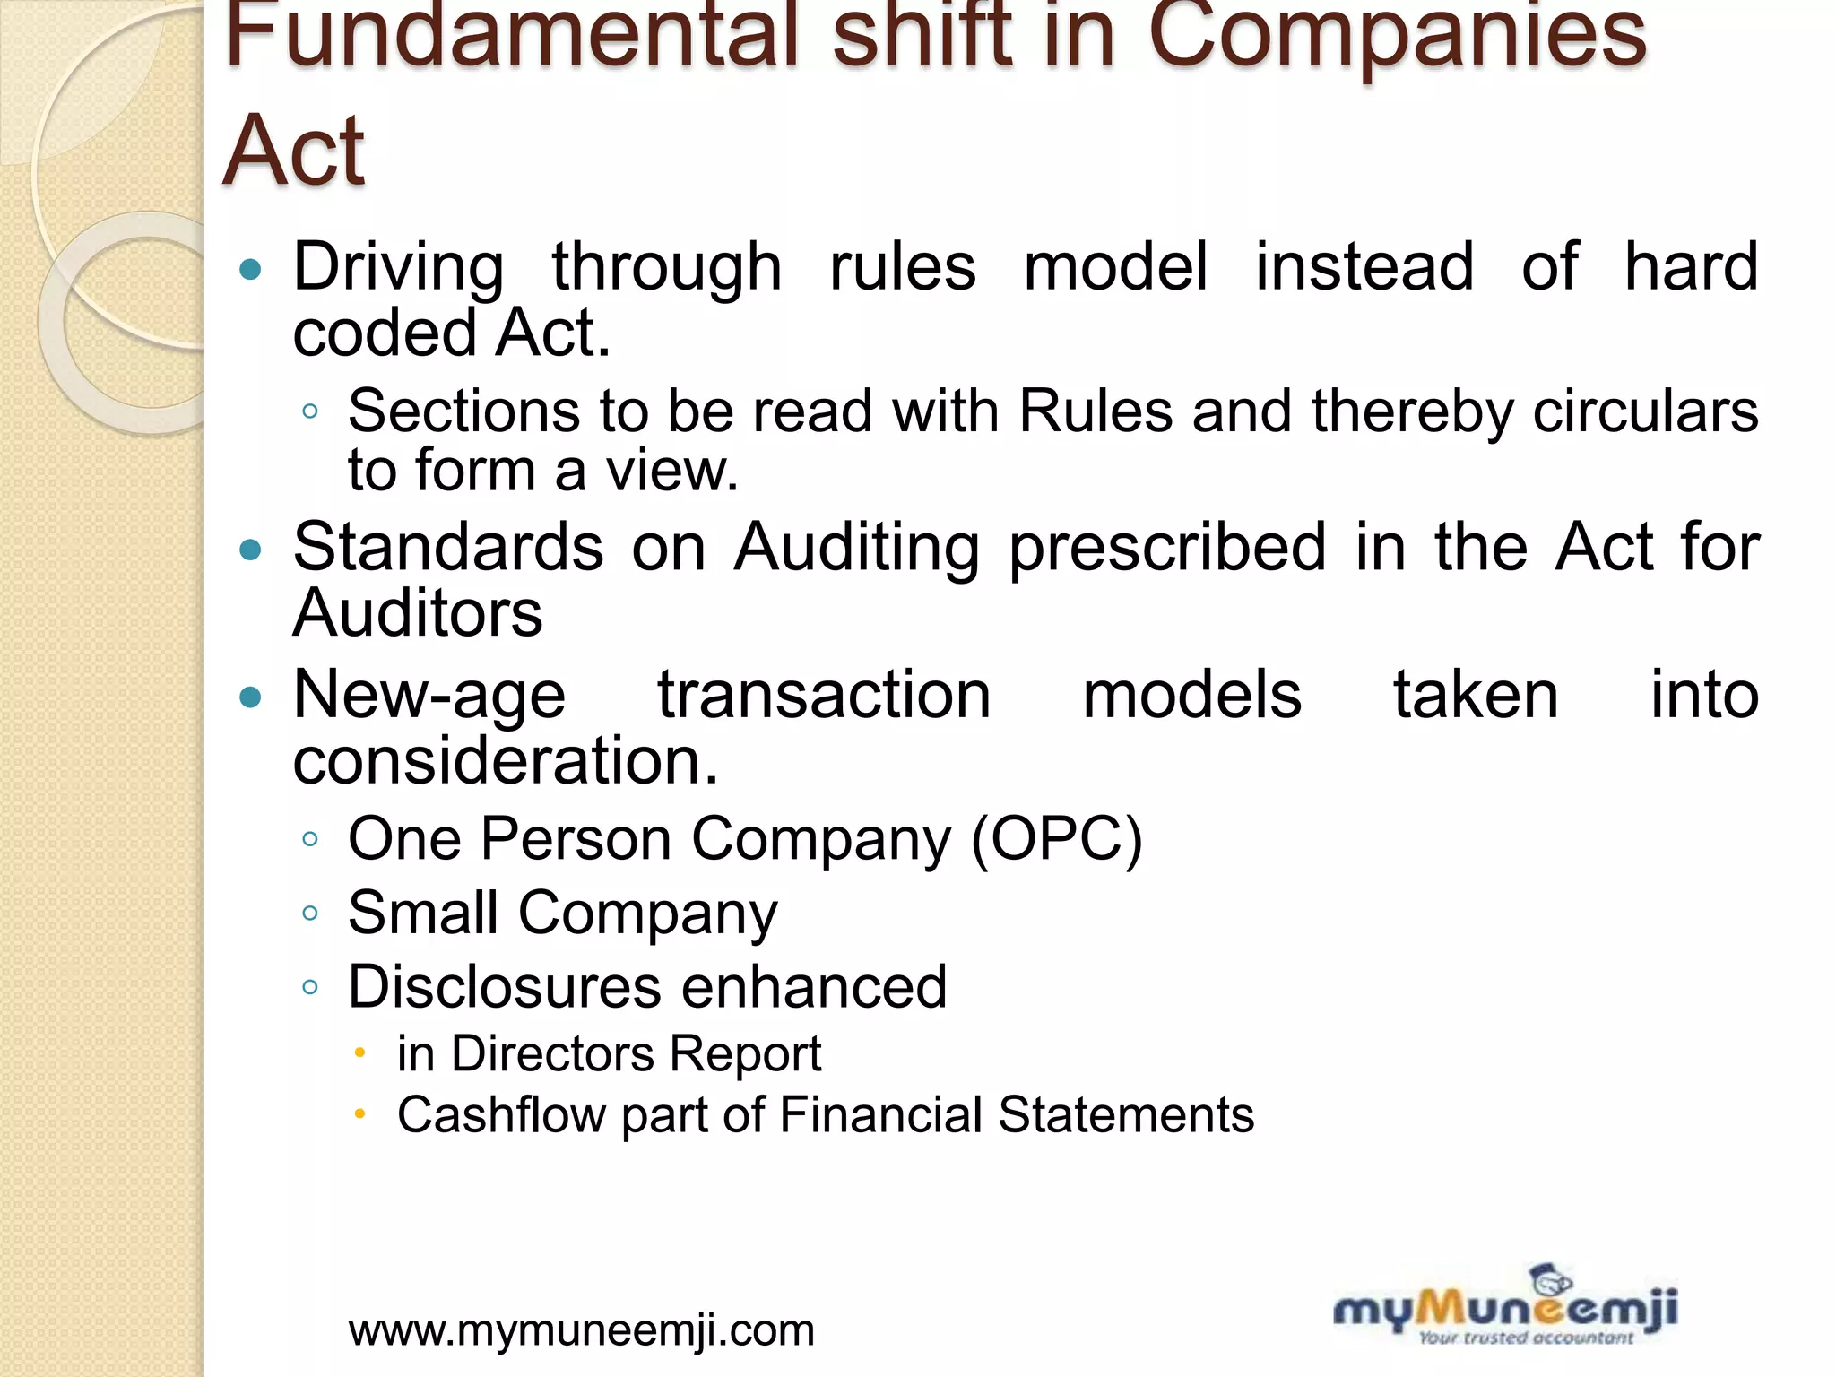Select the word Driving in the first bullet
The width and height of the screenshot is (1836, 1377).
(x=399, y=267)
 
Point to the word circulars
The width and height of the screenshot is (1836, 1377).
(x=1645, y=412)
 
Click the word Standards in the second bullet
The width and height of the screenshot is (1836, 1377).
(x=448, y=548)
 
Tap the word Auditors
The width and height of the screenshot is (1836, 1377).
(x=418, y=614)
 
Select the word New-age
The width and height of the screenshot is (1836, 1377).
(x=429, y=696)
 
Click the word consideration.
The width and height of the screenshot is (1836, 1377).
(x=505, y=761)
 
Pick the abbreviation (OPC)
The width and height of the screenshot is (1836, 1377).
(x=1057, y=840)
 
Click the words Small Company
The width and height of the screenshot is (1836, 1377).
(x=563, y=914)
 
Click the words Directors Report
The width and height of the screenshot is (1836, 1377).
(x=636, y=1053)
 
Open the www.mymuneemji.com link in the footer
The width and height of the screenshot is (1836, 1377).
(x=582, y=1330)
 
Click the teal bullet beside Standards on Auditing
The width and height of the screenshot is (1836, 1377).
(x=251, y=550)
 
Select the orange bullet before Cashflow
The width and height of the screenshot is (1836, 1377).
(x=359, y=1114)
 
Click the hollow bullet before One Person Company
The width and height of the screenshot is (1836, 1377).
(x=310, y=840)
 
